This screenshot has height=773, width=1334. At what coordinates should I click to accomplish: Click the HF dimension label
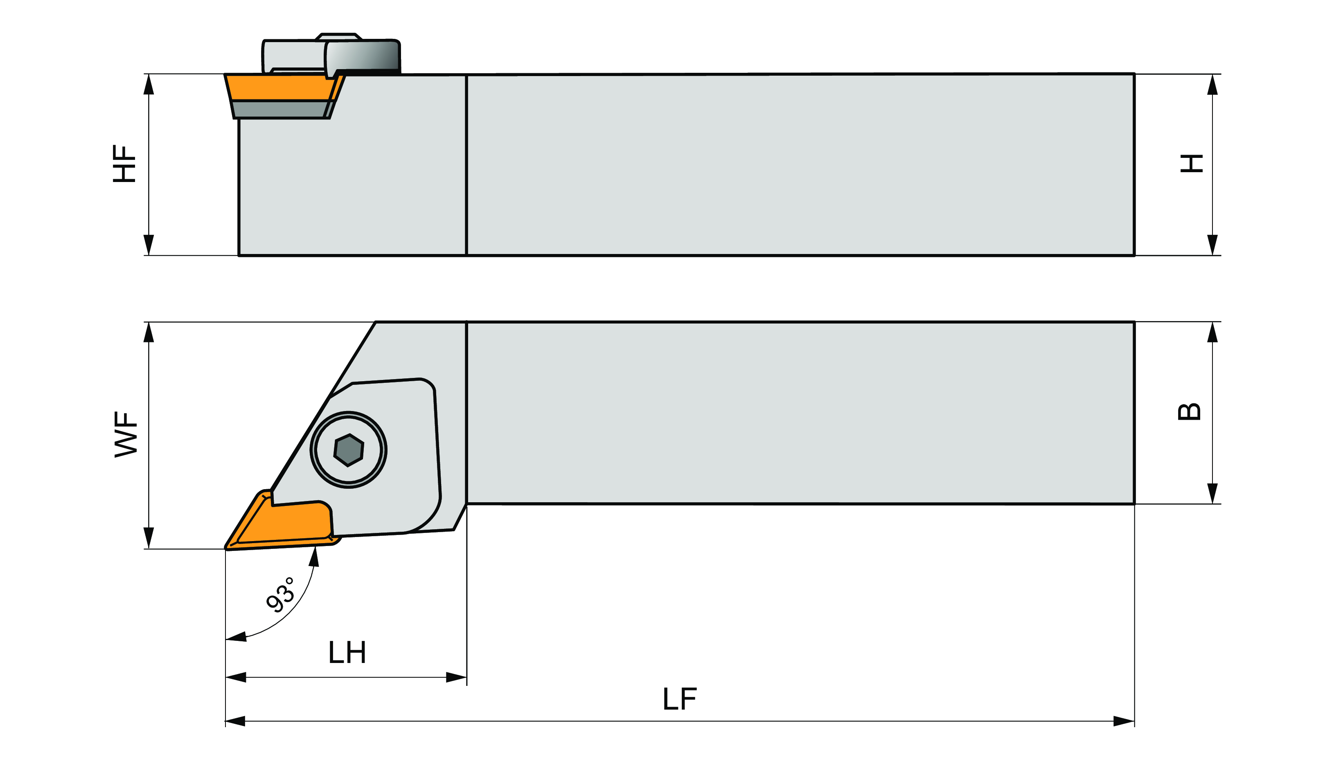tap(125, 164)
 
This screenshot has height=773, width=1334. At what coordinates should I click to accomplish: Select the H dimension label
tap(1192, 164)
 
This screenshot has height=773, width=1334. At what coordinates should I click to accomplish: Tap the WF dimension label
tap(126, 434)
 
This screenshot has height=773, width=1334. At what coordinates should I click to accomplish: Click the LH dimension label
tap(347, 653)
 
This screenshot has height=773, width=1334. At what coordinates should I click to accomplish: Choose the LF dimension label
tap(680, 699)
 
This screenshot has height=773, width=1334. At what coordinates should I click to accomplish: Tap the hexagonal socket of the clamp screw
tap(348, 450)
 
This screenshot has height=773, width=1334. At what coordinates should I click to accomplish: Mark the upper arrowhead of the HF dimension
tap(149, 85)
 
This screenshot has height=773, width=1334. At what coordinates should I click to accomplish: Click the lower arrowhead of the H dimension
tap(1212, 245)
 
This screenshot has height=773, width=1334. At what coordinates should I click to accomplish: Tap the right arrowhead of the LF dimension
tap(1123, 721)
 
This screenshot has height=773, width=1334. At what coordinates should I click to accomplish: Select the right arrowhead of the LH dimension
tap(456, 677)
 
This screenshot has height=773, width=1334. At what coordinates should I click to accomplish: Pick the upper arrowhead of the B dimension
tap(1212, 332)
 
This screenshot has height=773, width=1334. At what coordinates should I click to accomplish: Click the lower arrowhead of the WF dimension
tap(149, 537)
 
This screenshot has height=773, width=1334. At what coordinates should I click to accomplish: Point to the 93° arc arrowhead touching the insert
tap(314, 557)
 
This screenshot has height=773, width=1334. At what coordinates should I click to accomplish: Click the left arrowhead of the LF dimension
tap(236, 721)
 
